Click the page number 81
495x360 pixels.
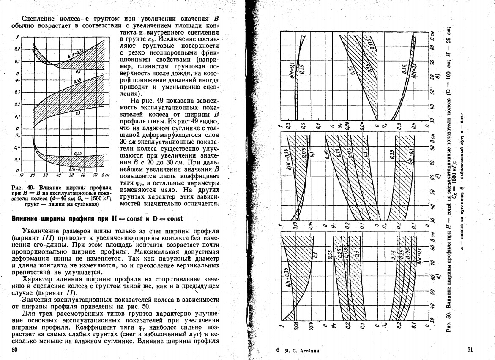click(x=471, y=349)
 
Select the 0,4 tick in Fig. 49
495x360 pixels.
click(x=17, y=147)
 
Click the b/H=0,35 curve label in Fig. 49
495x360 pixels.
click(x=75, y=53)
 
